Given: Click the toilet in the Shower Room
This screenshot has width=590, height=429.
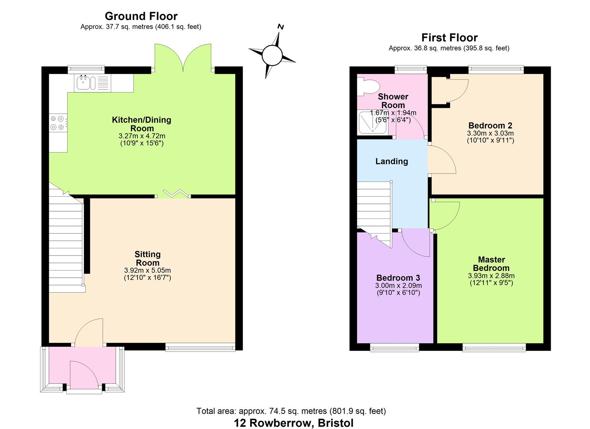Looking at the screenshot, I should [x=367, y=87].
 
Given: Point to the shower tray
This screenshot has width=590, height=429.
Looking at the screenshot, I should [x=372, y=123].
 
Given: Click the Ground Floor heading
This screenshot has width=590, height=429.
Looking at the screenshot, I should [x=141, y=16].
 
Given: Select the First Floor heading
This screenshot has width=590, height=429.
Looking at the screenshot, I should [x=449, y=38].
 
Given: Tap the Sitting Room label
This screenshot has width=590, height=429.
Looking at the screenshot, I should [x=147, y=258].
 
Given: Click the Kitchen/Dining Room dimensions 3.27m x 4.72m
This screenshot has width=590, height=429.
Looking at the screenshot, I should [x=142, y=136].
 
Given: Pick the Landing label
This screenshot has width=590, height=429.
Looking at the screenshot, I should [x=392, y=161].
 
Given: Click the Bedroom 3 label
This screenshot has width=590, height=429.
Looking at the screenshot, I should [x=398, y=278].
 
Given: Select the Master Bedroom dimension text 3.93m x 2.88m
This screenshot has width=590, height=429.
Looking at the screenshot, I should [x=491, y=276].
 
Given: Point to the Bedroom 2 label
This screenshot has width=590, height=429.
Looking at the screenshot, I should [x=491, y=126].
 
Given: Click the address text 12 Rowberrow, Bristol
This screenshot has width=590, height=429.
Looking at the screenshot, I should [x=294, y=423].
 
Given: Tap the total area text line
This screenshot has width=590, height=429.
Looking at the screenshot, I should [x=291, y=411].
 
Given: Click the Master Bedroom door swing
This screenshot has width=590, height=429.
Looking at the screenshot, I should [x=445, y=215].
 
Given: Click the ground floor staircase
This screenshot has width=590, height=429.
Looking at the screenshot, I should [x=66, y=240].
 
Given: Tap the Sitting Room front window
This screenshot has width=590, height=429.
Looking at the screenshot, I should [x=200, y=348].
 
